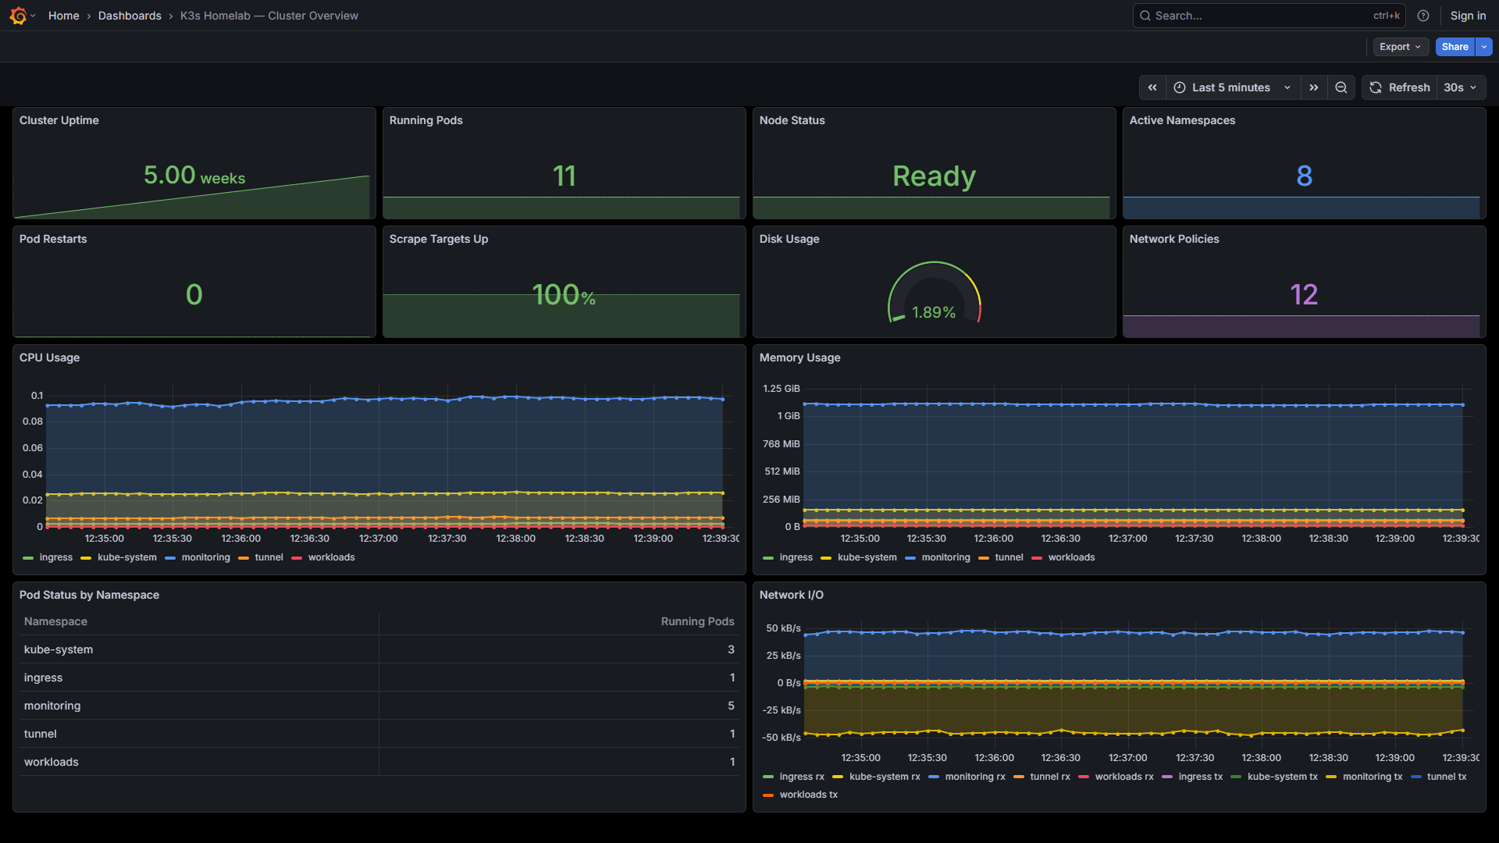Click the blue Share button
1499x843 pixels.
coord(1454,47)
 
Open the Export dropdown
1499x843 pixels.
coord(1400,47)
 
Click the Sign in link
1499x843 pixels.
coord(1468,16)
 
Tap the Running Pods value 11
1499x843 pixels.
coord(564,176)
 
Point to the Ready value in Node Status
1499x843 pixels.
coord(934,176)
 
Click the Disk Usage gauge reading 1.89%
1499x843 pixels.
coord(934,312)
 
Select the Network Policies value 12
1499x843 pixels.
coord(1304,294)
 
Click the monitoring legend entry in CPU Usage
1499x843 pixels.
coord(205,557)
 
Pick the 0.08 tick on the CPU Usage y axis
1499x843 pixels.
coord(33,421)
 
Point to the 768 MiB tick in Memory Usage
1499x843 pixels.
coord(781,444)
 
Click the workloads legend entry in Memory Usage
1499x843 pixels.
coord(1071,557)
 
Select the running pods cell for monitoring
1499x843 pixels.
coord(731,706)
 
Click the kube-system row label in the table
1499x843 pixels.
coord(59,649)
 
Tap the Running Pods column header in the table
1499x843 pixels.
coord(697,621)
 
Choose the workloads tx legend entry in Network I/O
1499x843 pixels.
coord(808,795)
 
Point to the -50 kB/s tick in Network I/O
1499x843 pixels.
coord(782,738)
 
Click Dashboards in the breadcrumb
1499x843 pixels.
coord(130,16)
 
